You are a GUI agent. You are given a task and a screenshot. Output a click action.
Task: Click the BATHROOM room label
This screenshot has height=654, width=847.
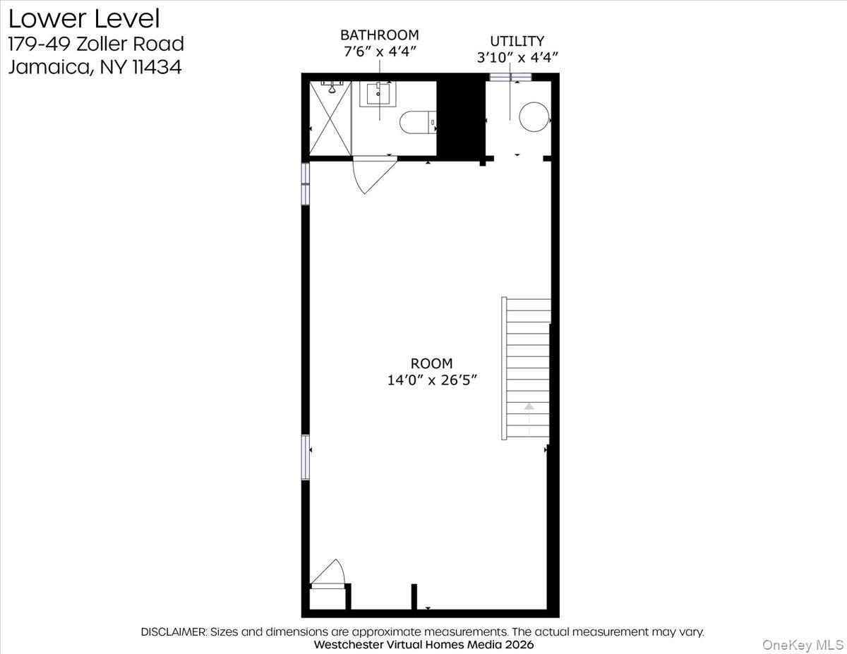point(379,35)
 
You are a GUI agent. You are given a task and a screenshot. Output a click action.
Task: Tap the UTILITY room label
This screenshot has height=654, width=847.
point(517,41)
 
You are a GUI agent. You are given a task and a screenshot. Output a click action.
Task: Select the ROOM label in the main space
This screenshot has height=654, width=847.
point(431,363)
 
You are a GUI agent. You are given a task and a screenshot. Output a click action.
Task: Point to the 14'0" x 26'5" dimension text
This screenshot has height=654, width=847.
point(432,380)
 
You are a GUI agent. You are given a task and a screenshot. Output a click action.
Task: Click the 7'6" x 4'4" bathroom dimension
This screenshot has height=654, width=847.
point(379,52)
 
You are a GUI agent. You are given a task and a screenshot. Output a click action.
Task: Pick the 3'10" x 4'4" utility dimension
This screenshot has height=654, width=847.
point(517,58)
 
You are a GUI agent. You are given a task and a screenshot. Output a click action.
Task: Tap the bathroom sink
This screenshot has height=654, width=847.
point(378,95)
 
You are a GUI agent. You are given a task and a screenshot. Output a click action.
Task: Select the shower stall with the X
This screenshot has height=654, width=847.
point(331,120)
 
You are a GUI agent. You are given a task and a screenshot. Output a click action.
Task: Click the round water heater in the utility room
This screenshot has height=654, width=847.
point(534,116)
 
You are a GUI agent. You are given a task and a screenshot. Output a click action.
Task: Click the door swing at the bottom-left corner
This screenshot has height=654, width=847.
point(329,573)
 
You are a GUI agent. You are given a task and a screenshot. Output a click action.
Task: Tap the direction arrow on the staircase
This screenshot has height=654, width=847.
point(529,406)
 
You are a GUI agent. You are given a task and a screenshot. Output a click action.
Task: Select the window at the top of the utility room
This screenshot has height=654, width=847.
point(510,77)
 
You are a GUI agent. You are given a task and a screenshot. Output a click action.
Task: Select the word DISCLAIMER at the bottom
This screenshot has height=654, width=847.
point(173,631)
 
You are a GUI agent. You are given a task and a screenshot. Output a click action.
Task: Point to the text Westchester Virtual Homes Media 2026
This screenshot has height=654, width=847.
point(423,644)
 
